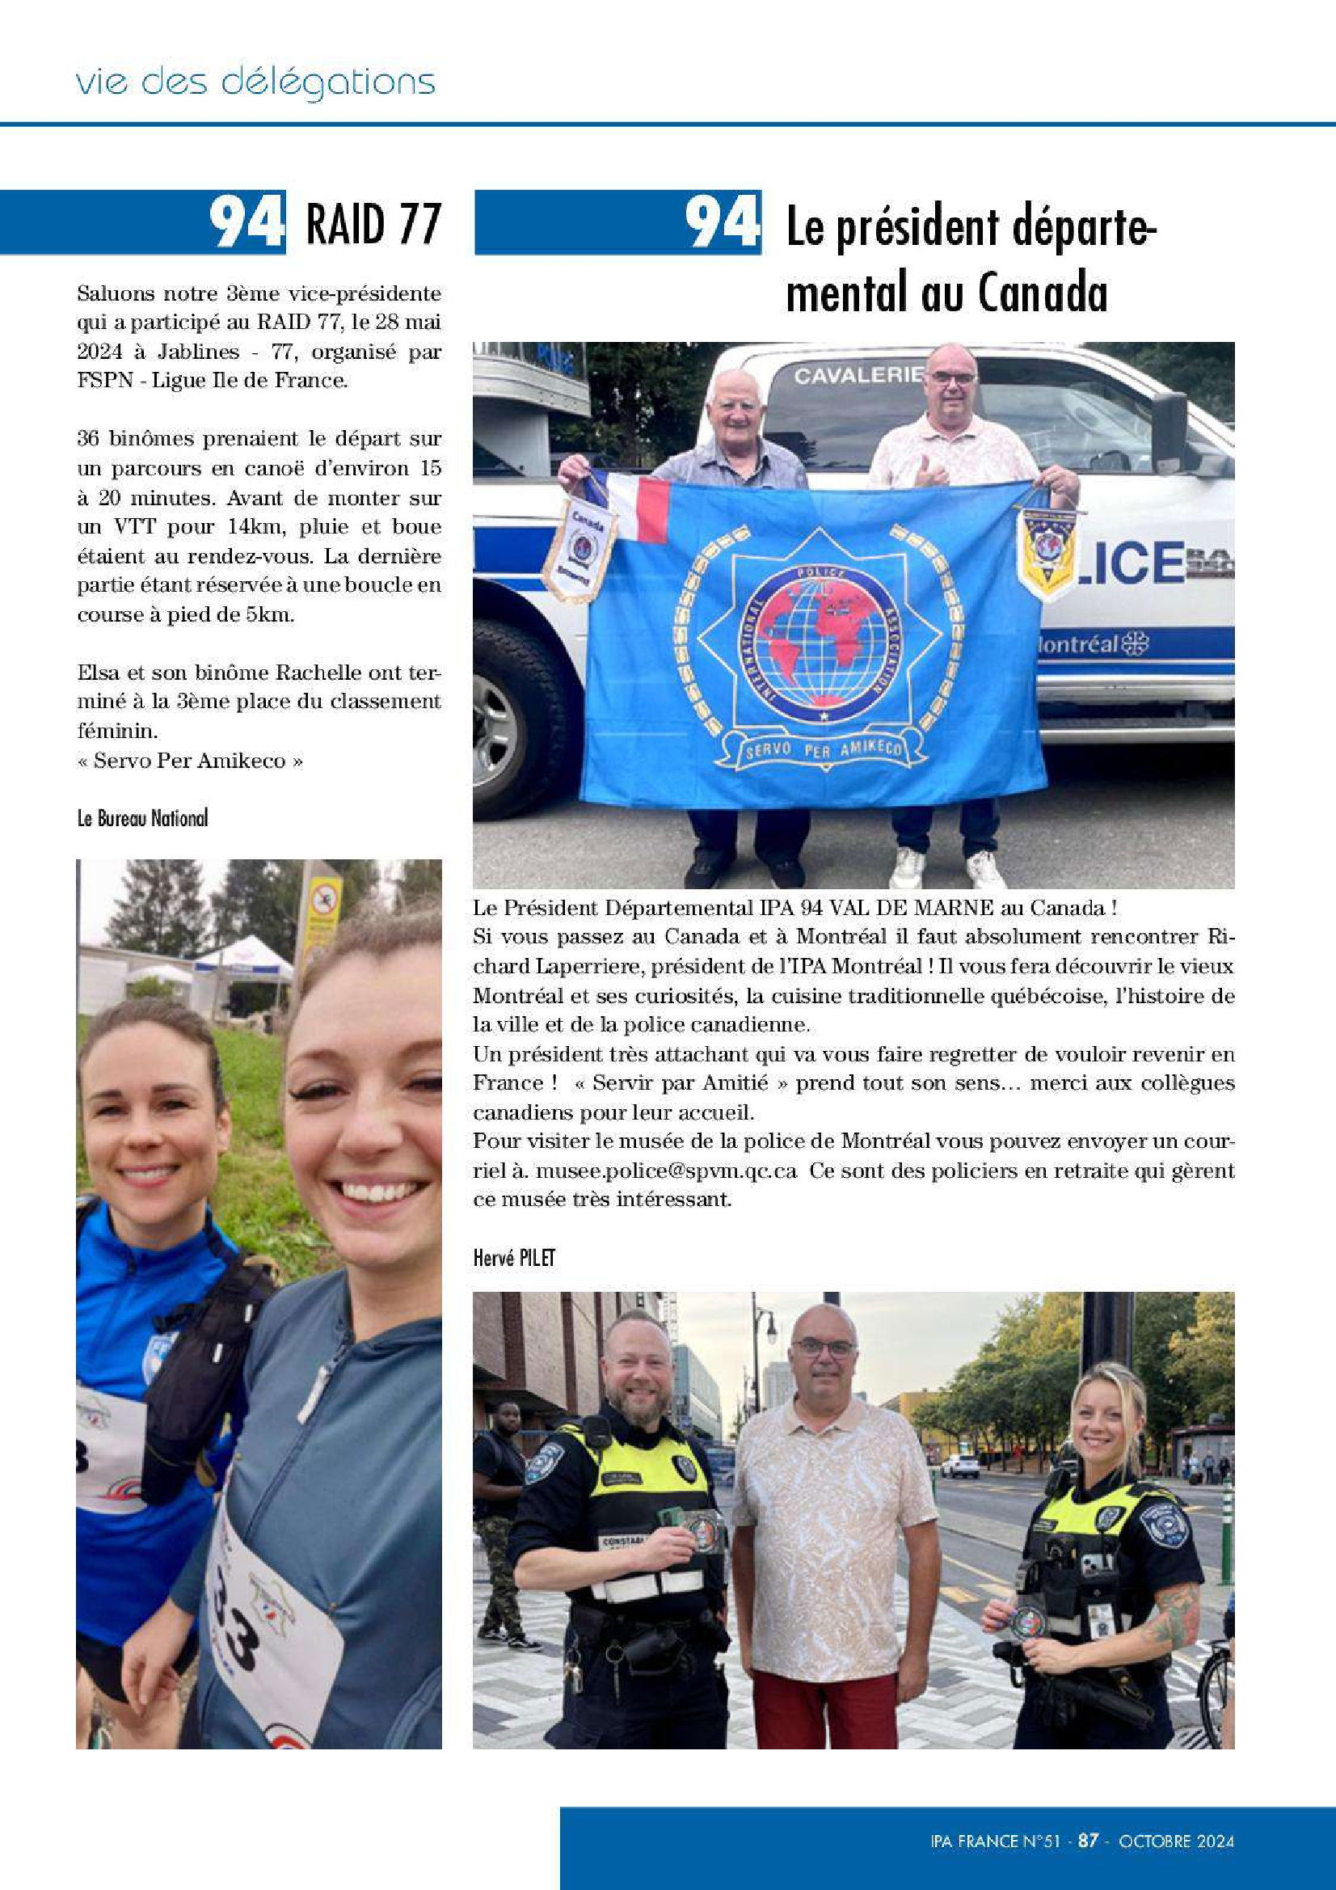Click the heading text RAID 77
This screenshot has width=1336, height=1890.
click(373, 223)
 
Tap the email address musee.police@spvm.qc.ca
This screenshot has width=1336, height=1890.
click(665, 1171)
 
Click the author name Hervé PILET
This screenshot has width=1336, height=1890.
click(515, 1258)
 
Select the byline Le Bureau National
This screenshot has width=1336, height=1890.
click(142, 818)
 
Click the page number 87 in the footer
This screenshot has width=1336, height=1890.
click(1089, 1841)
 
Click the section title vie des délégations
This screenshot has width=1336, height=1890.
click(255, 83)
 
